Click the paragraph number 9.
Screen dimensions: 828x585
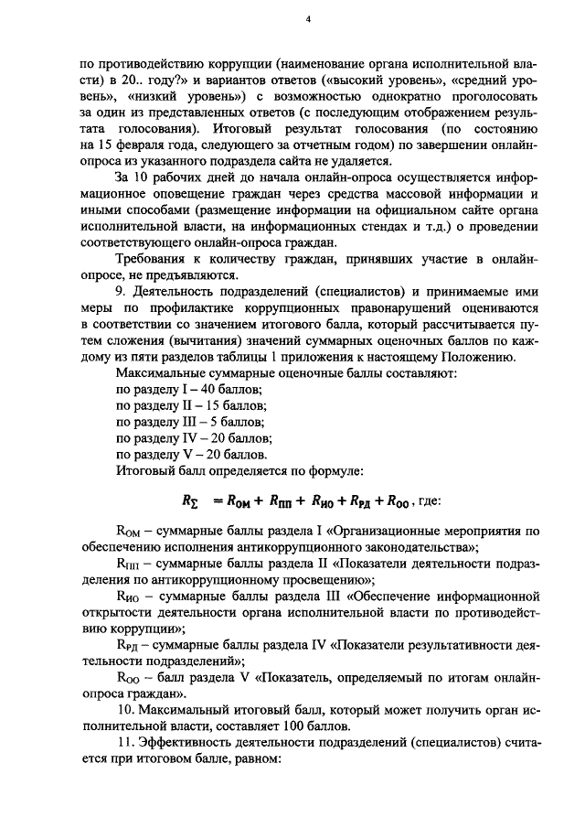coord(122,291)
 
